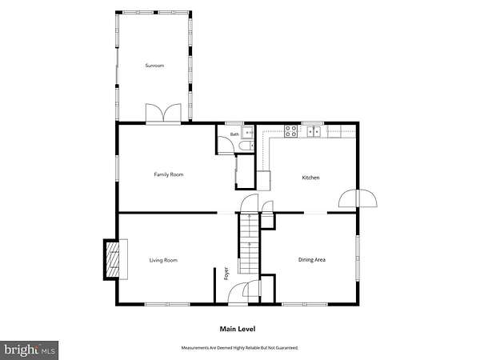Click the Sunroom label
tap(154, 66)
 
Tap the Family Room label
tap(169, 174)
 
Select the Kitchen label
tap(310, 178)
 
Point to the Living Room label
tap(163, 260)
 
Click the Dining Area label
tap(312, 259)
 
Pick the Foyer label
tap(226, 274)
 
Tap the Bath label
tap(234, 134)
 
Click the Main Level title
tap(238, 329)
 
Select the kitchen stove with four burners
tap(291, 131)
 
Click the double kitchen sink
tap(314, 131)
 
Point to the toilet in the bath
tap(246, 146)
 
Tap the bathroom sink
tap(248, 132)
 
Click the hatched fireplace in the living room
tap(112, 259)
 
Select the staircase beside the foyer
tap(250, 243)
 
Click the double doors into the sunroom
tap(163, 114)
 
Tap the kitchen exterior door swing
tap(358, 198)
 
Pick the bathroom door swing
tap(226, 145)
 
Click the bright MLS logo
tap(29, 350)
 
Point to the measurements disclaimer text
tap(240, 348)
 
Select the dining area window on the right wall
tap(358, 258)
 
